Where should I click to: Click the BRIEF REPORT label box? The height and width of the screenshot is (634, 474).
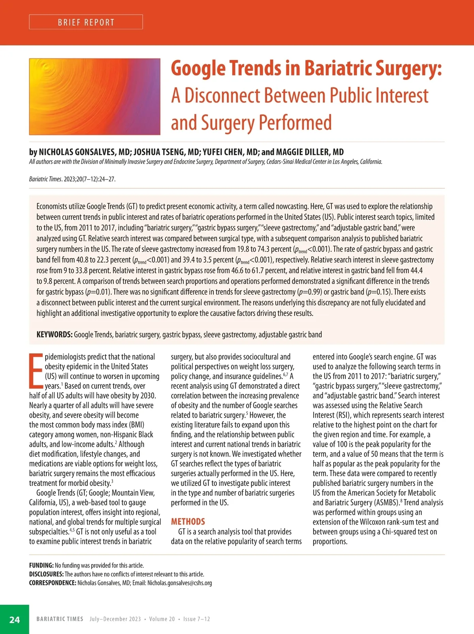[86, 22]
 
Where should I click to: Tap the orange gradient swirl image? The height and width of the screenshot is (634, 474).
[95, 97]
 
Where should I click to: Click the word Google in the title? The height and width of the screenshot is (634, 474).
[198, 69]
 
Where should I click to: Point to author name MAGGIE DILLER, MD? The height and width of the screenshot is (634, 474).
[310, 152]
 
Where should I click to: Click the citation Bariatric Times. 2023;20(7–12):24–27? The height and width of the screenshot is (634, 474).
[72, 179]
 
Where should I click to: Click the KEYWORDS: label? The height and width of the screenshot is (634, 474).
[54, 335]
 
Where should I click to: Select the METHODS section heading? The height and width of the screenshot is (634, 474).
[188, 521]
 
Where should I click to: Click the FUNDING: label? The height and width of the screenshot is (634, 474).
[41, 565]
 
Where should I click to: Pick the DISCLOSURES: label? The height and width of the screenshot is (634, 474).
[46, 574]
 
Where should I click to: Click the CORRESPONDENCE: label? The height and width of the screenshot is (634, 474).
[53, 583]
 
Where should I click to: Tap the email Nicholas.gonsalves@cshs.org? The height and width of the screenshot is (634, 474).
[179, 583]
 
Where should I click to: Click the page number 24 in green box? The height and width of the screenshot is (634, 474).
[15, 619]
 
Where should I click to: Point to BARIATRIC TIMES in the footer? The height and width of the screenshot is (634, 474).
[60, 619]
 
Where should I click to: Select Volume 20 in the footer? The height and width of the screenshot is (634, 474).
[162, 619]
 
